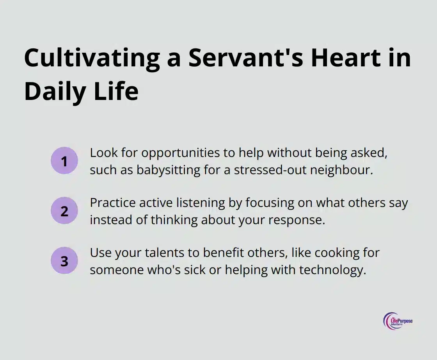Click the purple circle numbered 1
[x=64, y=160]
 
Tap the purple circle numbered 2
[x=64, y=211]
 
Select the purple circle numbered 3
[x=64, y=261]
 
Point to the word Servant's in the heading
[x=246, y=58]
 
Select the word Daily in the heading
[x=55, y=91]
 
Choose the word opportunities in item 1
[x=181, y=153]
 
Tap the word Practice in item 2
[x=113, y=203]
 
